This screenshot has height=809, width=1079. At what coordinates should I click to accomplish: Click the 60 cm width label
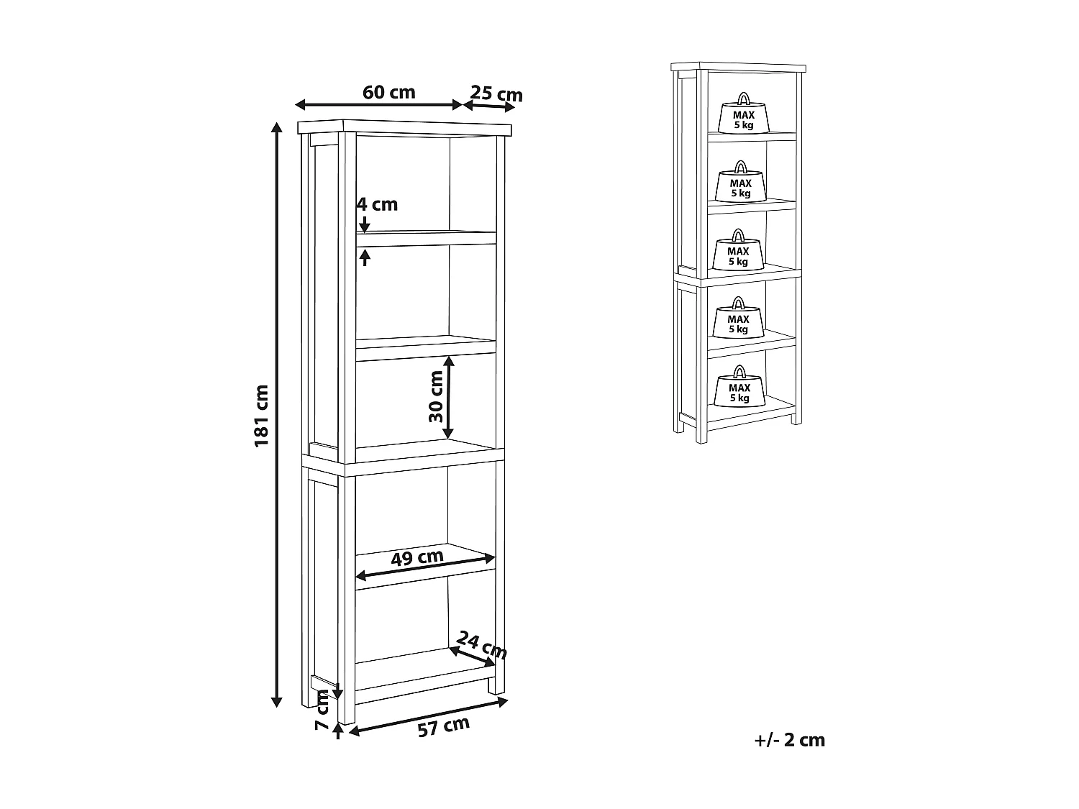[389, 92]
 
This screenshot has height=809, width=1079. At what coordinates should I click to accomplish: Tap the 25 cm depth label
[496, 93]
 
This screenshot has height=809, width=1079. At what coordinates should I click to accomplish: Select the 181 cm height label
[261, 415]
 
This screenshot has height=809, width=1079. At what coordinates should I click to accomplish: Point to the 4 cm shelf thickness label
[378, 204]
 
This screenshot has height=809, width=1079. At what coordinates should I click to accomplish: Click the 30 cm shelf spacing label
[435, 396]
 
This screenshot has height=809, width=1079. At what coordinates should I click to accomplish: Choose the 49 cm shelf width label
[417, 557]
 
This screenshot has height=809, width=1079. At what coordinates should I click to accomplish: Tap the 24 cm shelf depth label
[482, 645]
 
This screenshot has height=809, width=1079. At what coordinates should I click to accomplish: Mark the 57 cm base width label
[443, 727]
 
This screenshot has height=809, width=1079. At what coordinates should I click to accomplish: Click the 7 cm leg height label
[322, 710]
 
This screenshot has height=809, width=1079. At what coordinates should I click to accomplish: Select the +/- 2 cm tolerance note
[790, 740]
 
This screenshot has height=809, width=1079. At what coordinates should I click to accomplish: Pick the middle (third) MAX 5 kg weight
[738, 252]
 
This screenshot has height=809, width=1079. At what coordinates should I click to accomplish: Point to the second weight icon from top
[740, 183]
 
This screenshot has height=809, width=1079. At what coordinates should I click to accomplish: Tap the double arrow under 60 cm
[379, 105]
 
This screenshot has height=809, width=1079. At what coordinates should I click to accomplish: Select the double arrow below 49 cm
[426, 567]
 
